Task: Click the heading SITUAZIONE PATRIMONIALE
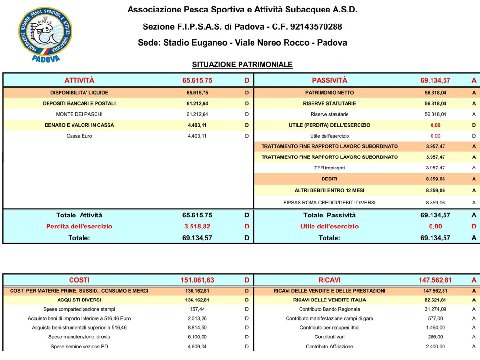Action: (242, 64)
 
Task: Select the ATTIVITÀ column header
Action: (79, 80)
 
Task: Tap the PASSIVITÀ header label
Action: (329, 80)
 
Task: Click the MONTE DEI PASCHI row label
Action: (79, 114)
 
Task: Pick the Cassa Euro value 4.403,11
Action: (197, 136)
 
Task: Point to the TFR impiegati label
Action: (329, 168)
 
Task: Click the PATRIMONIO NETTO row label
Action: (329, 93)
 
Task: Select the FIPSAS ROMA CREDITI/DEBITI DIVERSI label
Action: (329, 203)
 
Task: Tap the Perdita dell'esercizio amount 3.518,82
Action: (197, 226)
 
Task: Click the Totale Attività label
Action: (79, 216)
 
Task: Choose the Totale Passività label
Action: (329, 216)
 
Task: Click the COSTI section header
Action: (79, 280)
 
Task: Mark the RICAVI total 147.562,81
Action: (435, 280)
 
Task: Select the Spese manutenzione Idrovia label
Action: (79, 337)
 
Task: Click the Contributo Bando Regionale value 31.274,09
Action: (435, 309)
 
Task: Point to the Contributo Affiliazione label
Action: (329, 347)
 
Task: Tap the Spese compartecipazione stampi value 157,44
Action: (197, 309)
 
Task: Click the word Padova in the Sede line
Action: (329, 43)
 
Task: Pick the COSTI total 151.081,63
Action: (197, 280)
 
